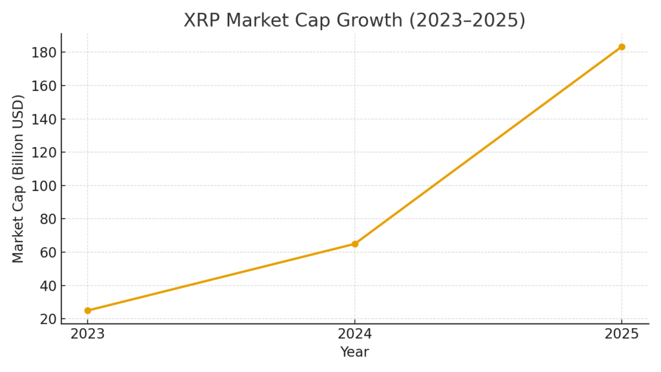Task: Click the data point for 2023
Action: click(88, 311)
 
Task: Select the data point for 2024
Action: click(355, 244)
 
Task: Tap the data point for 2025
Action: click(622, 46)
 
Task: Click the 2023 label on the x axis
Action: click(88, 335)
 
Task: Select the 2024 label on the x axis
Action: click(355, 335)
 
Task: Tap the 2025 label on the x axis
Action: click(622, 335)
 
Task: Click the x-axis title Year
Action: click(355, 353)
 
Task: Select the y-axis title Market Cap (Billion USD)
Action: click(19, 178)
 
